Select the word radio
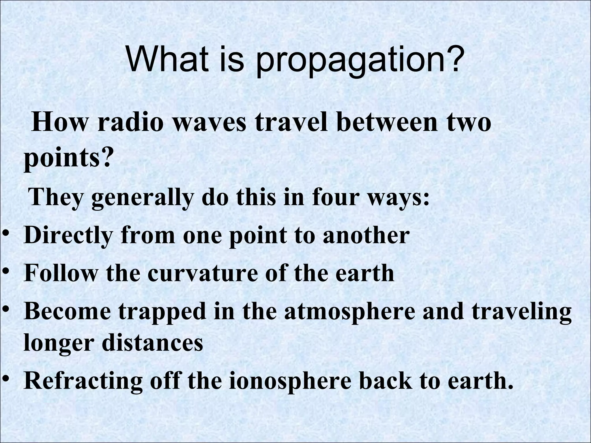(x=130, y=122)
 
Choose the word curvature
(x=202, y=273)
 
